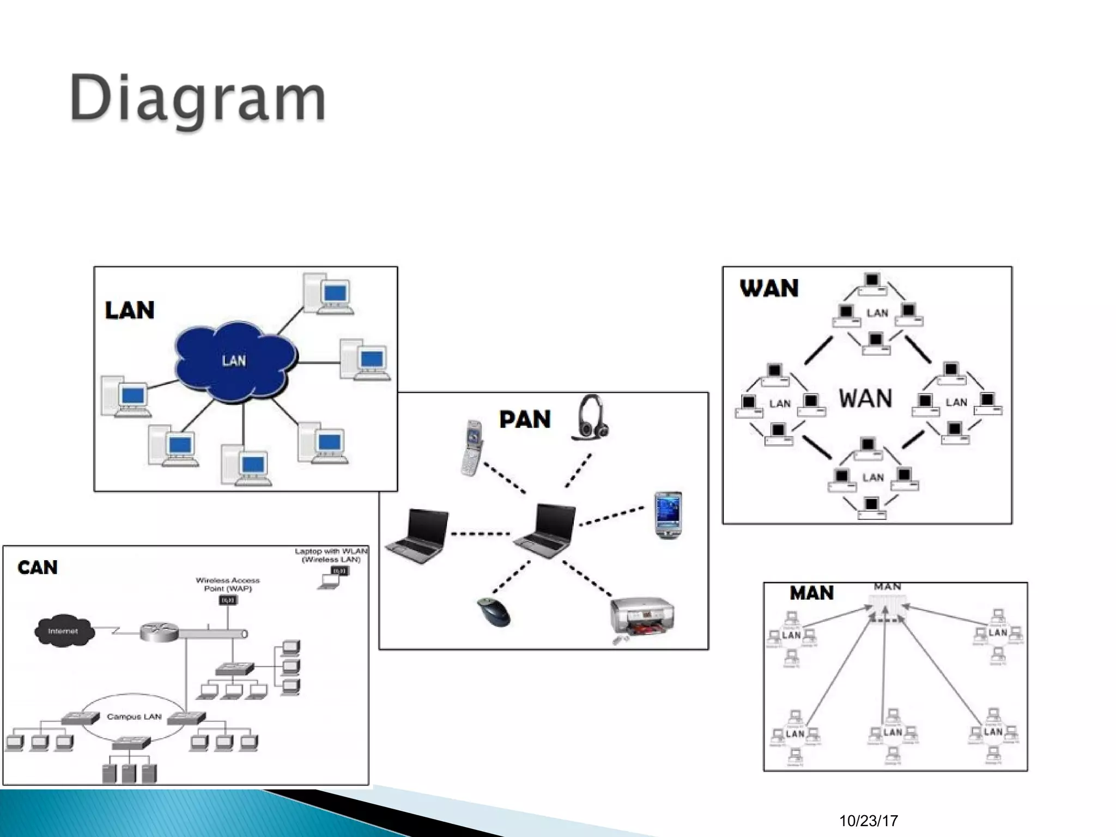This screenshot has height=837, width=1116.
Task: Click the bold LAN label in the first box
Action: tap(130, 311)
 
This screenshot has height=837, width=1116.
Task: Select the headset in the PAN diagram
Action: tap(590, 417)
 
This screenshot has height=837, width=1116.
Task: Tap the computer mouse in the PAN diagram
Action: tap(494, 611)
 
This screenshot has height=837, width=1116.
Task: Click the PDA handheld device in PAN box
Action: tap(668, 515)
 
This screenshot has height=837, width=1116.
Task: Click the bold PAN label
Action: tap(525, 420)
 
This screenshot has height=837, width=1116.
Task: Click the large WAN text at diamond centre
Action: tap(865, 398)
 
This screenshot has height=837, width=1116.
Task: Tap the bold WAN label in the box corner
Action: tap(769, 288)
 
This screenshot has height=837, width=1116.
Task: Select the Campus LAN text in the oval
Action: tap(134, 717)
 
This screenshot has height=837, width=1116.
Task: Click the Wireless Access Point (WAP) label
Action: tap(228, 584)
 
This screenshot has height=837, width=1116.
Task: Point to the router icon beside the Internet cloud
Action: tap(159, 632)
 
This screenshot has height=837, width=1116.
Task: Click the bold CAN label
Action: tap(38, 567)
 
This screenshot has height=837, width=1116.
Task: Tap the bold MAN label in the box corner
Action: tap(811, 593)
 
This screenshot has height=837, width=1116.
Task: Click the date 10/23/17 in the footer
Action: tap(869, 821)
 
